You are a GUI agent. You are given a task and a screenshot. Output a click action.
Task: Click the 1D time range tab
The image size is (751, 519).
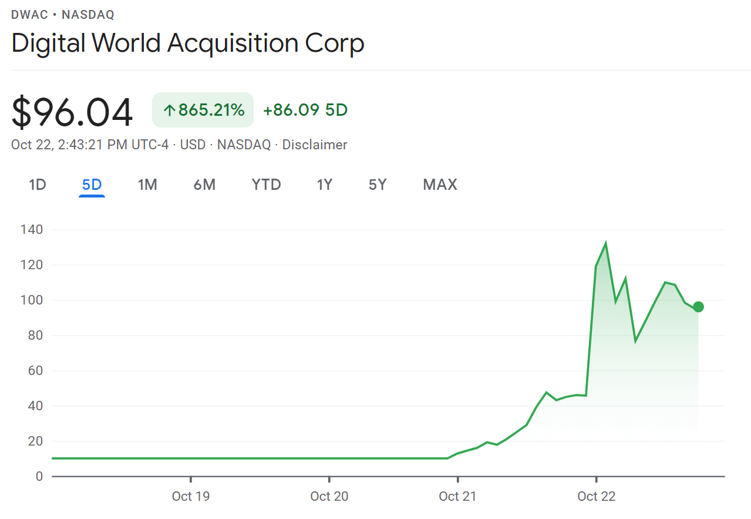[38, 185]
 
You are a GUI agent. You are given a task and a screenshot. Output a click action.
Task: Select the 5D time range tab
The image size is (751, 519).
[92, 185]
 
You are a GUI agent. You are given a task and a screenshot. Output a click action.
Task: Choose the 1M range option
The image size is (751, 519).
[147, 185]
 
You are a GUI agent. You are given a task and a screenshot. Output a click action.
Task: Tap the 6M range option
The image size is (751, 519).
[204, 185]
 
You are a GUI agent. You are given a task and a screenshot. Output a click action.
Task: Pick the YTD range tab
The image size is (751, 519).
[266, 185]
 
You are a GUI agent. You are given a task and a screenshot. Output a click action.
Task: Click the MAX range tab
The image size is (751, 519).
[440, 185]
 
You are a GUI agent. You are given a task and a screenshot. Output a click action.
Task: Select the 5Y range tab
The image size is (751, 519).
[378, 185]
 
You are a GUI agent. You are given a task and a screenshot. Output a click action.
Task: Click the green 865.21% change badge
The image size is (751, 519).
[203, 110]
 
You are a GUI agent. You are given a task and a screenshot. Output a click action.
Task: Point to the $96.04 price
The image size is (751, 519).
[72, 113]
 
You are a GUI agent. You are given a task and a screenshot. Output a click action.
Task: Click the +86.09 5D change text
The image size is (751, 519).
[305, 110]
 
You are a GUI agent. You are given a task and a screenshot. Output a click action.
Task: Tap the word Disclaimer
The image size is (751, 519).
[315, 145]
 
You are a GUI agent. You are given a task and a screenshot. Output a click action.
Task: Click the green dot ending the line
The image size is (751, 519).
[698, 307]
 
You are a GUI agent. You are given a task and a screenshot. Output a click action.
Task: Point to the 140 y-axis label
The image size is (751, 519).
[31, 230]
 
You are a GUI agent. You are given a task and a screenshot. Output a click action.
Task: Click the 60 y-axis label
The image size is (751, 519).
[35, 371]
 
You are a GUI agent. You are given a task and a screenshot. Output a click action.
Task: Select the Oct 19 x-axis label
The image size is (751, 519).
[190, 496]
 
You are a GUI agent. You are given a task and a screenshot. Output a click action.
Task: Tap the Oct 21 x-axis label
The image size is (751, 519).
[457, 496]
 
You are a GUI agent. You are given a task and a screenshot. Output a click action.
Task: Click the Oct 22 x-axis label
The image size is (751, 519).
[596, 496]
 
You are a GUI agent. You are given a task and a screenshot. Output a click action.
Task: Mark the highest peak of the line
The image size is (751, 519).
[605, 244]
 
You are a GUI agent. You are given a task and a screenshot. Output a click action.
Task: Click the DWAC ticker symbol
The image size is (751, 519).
[29, 15]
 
